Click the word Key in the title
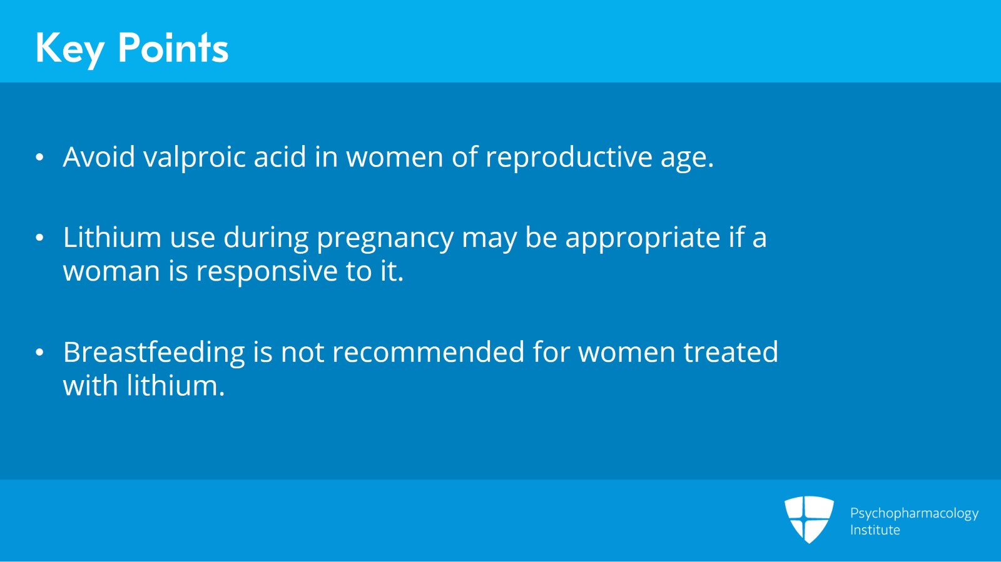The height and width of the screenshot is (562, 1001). tap(69, 48)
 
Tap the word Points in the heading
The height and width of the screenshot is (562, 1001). tap(173, 48)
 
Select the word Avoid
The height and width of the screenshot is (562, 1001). tap(99, 156)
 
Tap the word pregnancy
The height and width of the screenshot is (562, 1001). tap(385, 238)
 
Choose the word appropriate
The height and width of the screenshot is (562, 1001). tap(643, 238)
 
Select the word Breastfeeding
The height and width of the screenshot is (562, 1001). tap(154, 353)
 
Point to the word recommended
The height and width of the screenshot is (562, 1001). tap(428, 352)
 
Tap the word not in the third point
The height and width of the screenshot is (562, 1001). tap(302, 353)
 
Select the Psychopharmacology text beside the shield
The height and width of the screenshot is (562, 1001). tap(913, 513)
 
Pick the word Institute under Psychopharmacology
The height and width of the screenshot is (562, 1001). tap(875, 530)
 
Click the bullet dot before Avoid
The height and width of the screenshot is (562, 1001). tap(40, 157)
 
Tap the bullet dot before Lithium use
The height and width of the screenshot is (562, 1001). tap(40, 238)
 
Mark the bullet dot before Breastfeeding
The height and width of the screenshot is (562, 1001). tap(40, 353)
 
